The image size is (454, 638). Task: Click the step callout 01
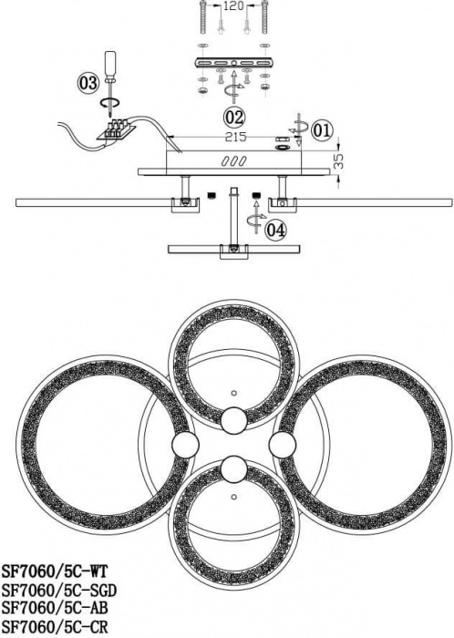click(322, 130)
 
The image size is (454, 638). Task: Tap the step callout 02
click(234, 118)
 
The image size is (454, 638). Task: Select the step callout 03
click(88, 83)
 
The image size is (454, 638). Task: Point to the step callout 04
click(275, 230)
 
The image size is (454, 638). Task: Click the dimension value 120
click(234, 6)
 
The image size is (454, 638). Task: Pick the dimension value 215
click(236, 137)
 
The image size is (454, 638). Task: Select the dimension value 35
click(339, 160)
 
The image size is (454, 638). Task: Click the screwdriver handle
click(110, 63)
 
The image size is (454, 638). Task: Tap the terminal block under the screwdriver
click(116, 129)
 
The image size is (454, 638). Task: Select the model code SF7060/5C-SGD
click(59, 590)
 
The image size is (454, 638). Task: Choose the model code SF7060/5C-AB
click(55, 608)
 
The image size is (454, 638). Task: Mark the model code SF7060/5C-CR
click(55, 627)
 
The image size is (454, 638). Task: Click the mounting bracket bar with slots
click(234, 64)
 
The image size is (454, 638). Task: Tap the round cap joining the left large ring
click(185, 444)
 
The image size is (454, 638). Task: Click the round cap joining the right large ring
click(283, 444)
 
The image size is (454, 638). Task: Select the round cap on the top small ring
click(234, 420)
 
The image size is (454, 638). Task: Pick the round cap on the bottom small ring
click(234, 469)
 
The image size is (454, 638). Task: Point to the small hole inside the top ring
click(233, 393)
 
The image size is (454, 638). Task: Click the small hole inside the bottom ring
click(233, 498)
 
